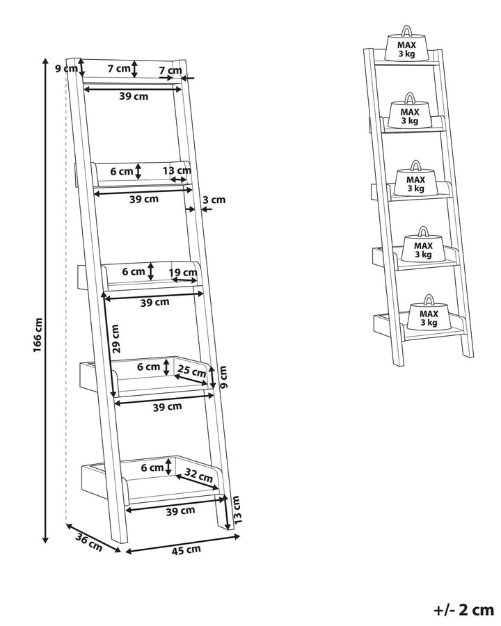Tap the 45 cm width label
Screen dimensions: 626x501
point(186,549)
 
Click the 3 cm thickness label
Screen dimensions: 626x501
point(214,200)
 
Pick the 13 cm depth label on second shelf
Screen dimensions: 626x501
point(177,170)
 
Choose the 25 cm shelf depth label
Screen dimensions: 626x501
point(193,371)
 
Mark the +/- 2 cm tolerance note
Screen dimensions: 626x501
point(463,610)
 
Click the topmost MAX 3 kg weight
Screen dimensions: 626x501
point(407,47)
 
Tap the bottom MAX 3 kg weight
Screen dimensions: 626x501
point(429,316)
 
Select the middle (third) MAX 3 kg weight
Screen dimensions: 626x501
point(415,182)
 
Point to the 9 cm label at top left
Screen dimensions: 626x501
point(66,67)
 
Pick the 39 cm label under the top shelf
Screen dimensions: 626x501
point(133,97)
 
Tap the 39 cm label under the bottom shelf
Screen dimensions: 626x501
point(180,511)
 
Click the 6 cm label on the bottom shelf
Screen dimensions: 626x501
point(152,467)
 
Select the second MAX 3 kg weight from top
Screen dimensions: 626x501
point(409,114)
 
